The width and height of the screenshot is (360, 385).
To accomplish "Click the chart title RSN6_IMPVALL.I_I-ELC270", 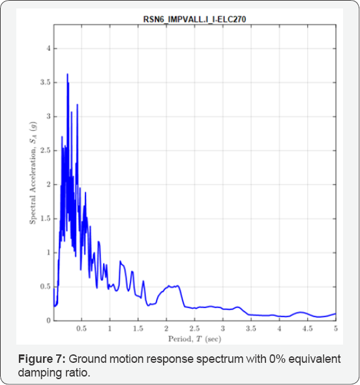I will pos(195,20).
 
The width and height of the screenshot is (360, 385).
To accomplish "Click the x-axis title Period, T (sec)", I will pos(195,339).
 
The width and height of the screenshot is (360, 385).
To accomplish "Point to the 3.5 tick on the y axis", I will pos(45,83).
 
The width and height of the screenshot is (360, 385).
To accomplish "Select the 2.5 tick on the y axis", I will pos(45,150).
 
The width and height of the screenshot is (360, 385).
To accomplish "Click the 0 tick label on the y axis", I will pos(48,321).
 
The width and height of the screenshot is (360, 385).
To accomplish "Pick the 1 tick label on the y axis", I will pos(48,253).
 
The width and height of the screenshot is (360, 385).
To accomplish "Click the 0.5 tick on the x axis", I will pos(82,329).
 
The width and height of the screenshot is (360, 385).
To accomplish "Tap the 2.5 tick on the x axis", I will pos(195,329).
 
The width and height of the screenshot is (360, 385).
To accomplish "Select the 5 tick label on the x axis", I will pos(336,329).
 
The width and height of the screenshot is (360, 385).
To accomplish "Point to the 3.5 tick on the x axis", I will pos(251,329).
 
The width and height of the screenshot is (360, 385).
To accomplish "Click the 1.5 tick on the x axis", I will pos(138,329).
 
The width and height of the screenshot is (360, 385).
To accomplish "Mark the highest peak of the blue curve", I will pos(67,74).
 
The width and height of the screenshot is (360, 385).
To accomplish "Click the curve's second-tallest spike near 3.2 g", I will pos(77,104).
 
